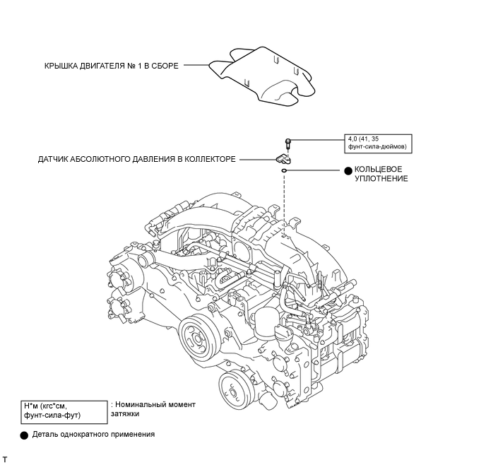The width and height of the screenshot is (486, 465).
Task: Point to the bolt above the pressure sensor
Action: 288,143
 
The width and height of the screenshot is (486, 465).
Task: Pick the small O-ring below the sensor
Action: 283,170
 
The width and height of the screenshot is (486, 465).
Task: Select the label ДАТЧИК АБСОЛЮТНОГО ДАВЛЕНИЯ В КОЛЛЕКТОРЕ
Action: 137,160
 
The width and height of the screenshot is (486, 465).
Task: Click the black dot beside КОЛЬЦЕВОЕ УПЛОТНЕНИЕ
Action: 348,170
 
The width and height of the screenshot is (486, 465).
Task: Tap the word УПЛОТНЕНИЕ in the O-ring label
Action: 381,179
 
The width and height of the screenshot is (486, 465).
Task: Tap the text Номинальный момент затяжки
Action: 153,409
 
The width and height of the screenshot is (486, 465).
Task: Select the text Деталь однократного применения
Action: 93,435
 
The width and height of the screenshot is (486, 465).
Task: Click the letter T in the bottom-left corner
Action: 5,459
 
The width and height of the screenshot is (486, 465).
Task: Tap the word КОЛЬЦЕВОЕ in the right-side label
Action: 379,170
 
